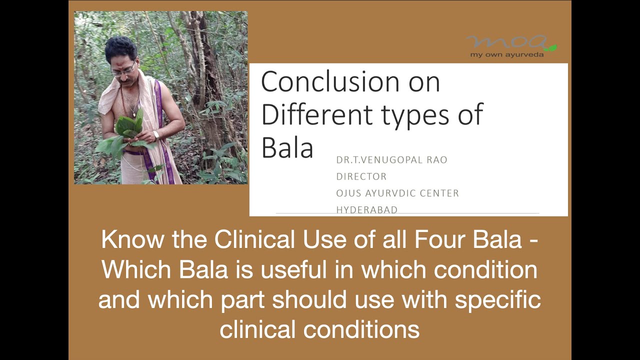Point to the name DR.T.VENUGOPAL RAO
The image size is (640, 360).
(391, 160)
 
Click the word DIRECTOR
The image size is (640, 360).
(361, 176)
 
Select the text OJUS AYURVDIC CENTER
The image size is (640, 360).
(397, 193)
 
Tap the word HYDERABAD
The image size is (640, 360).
(367, 210)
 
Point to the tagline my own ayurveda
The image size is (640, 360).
(507, 54)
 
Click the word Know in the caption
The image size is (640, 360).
(132, 239)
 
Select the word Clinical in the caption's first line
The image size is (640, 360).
(254, 239)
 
